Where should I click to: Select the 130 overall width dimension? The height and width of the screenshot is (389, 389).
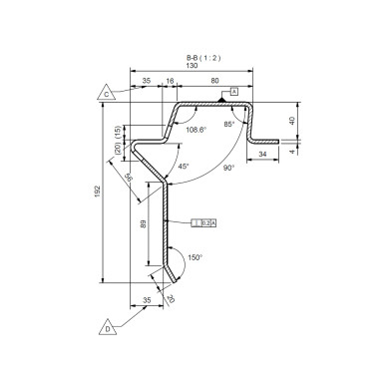(192, 66)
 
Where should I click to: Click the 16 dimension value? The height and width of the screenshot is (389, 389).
(169, 81)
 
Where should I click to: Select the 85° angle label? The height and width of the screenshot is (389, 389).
(229, 124)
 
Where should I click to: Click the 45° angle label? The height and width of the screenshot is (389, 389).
(184, 167)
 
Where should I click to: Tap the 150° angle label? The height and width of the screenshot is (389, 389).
(194, 257)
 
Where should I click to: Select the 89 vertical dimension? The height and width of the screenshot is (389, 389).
(145, 224)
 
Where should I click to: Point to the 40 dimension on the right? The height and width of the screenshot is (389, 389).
(292, 120)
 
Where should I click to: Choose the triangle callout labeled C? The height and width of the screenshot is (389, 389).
(106, 94)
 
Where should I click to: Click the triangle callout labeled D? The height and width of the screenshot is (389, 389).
(106, 326)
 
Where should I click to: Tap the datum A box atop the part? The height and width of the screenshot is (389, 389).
(234, 92)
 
